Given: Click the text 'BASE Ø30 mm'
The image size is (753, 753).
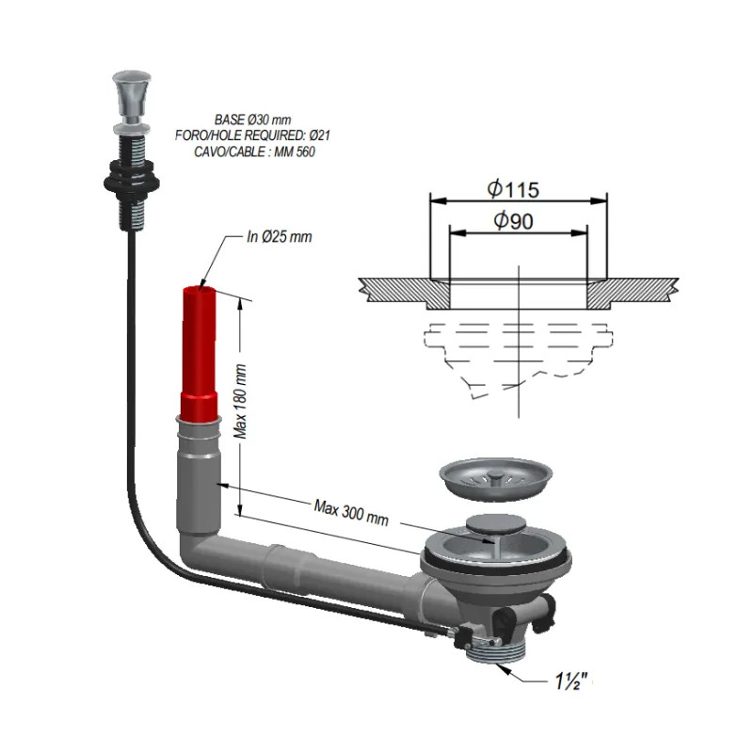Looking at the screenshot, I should [x=253, y=120].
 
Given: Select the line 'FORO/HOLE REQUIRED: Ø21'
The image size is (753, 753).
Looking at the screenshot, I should [x=252, y=136].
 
